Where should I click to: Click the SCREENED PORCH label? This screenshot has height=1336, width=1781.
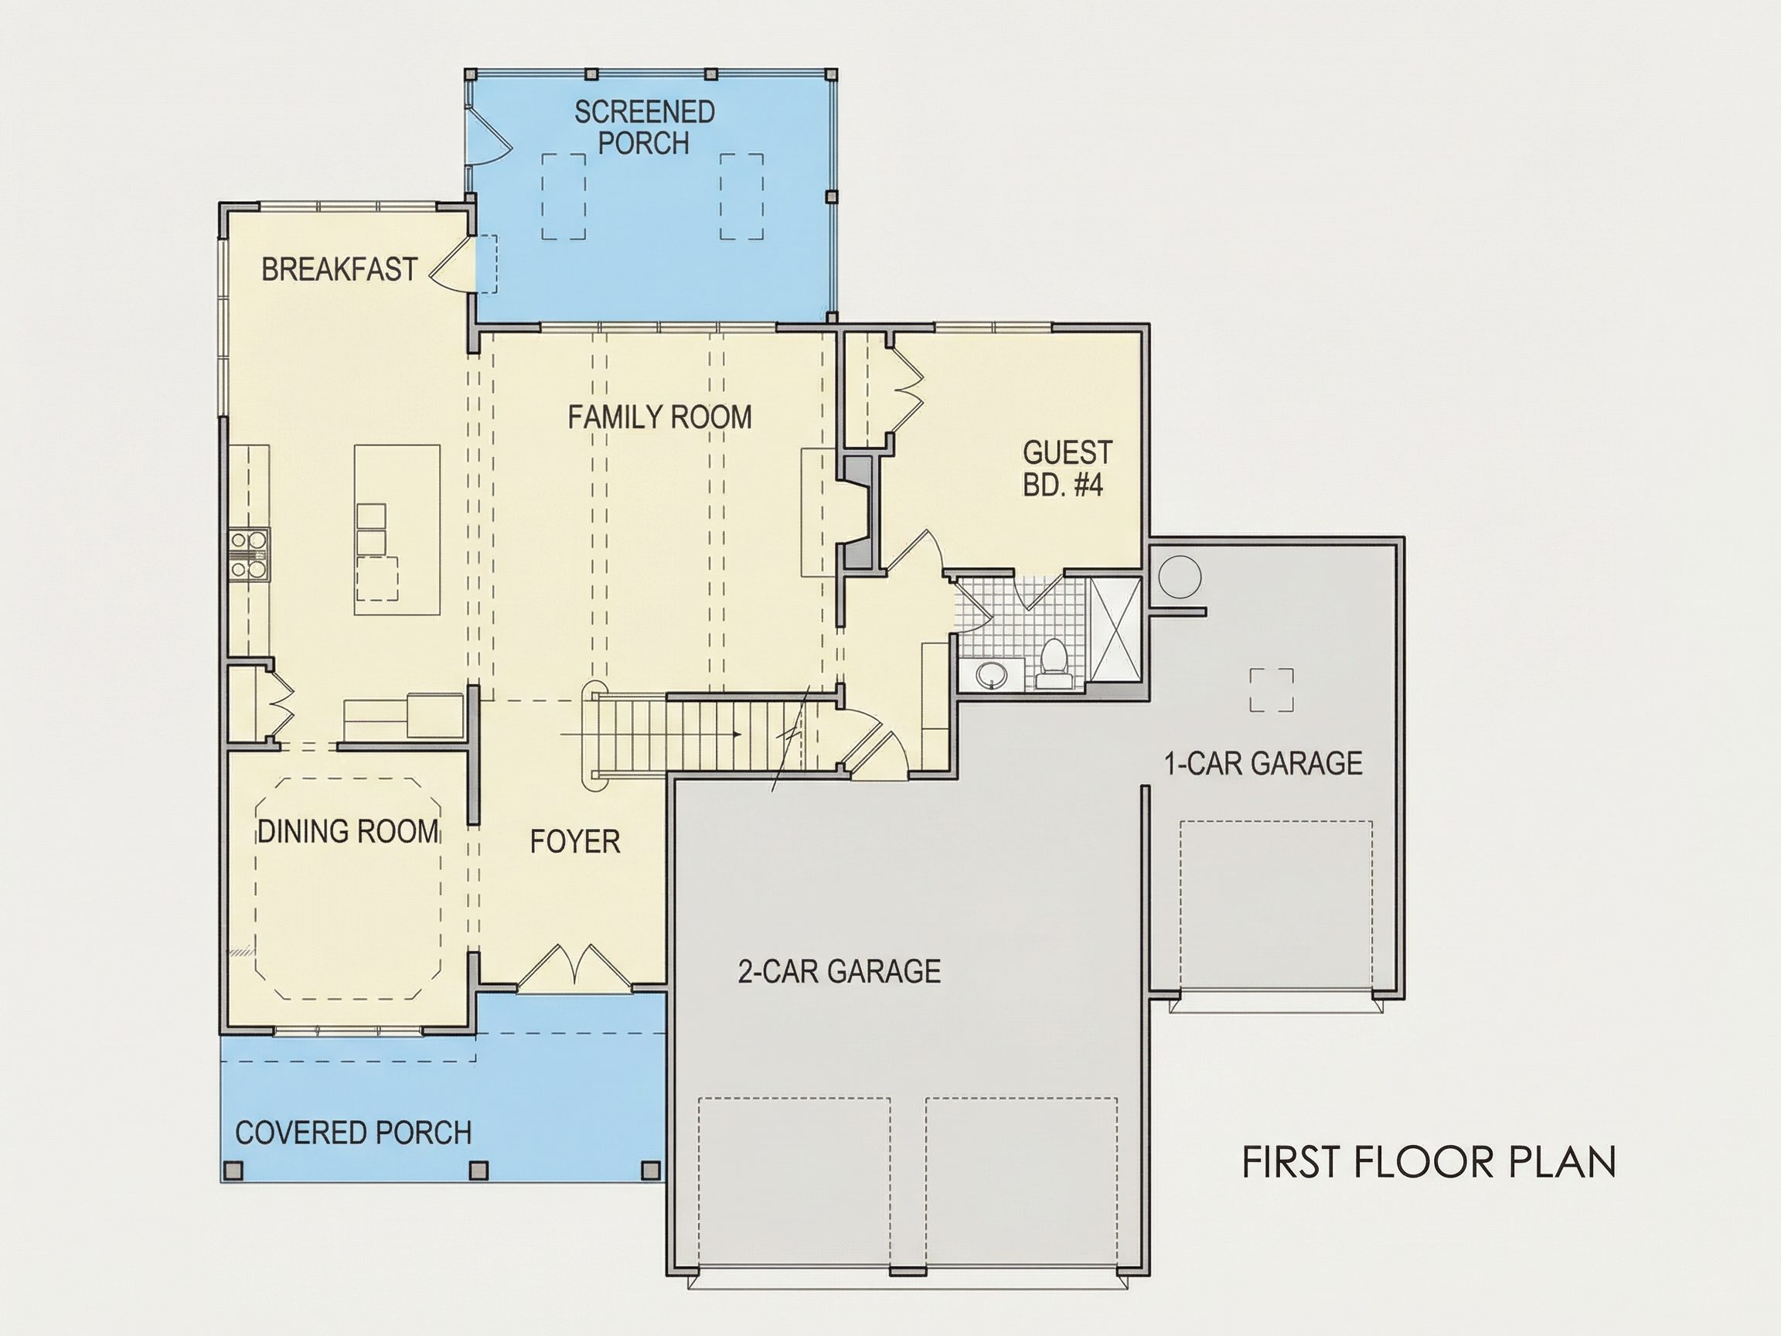point(644,128)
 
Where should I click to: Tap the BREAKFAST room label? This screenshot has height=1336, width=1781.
point(339,269)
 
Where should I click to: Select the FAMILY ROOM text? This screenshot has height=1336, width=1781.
point(659,417)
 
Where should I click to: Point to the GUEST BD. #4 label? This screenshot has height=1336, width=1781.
point(1067,468)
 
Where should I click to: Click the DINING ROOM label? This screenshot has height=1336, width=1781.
point(349,831)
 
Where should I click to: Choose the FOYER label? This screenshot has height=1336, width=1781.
point(575,841)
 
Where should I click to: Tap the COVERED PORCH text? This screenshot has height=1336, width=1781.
point(352,1133)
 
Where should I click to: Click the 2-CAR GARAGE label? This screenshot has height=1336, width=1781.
point(839,971)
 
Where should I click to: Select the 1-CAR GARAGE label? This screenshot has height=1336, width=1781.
point(1263,763)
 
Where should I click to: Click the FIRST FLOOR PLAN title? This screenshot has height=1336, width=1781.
point(1429,1162)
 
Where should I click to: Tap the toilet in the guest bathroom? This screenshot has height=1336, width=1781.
point(1054,663)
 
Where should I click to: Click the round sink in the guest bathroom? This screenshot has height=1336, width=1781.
point(991,675)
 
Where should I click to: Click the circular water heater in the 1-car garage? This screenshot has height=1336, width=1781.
point(1180,577)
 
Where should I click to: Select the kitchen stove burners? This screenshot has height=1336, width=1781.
point(248,554)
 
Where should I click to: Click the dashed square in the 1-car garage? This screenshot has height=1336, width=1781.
point(1272,690)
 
